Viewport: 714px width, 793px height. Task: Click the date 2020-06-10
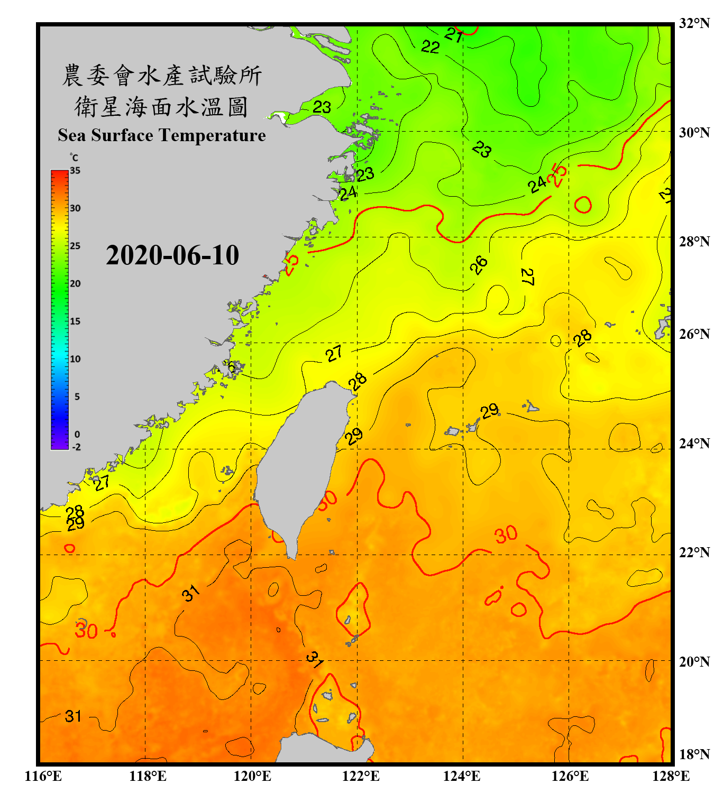172,255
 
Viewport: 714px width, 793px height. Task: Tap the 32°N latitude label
694,23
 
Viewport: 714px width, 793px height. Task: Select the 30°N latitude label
694,132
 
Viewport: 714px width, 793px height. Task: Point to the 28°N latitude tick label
694,242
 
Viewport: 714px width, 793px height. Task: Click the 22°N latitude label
694,552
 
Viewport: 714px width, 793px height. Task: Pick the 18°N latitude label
694,754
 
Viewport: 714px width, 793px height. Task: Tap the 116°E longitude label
43,776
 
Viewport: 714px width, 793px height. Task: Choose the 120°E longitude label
252,776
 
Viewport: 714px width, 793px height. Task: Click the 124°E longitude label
462,776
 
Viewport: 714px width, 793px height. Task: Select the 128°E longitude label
671,776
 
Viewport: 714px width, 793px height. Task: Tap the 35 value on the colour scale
75,171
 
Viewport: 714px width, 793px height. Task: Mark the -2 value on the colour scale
76,447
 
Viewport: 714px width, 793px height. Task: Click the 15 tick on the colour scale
75,321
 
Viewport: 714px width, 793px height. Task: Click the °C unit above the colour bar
74,158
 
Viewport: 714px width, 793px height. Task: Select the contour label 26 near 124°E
479,264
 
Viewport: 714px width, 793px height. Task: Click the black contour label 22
430,47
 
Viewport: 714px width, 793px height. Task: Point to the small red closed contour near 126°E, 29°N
583,204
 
